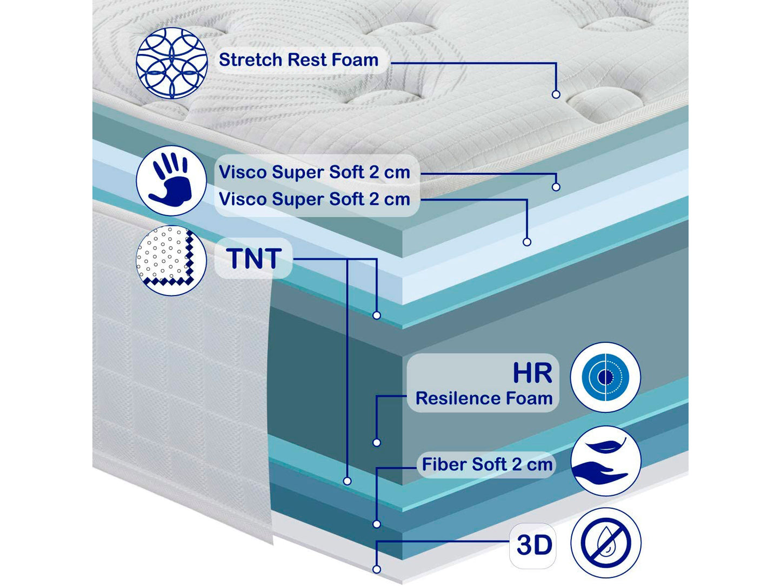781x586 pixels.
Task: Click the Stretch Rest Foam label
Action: click(298, 60)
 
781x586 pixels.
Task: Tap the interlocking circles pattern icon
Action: click(172, 63)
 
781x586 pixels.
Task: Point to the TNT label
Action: click(253, 259)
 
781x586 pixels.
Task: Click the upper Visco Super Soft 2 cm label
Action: click(314, 172)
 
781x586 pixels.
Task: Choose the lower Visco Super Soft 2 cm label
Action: click(314, 199)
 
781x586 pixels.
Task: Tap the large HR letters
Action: click(532, 373)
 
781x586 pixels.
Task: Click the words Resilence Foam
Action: click(484, 398)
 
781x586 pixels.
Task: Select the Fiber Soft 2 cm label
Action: click(487, 464)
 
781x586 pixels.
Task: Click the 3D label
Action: click(534, 545)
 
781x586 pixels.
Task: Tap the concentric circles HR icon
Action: click(605, 377)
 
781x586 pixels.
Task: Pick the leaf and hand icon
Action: click(605, 461)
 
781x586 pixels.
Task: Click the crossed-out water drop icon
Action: click(605, 543)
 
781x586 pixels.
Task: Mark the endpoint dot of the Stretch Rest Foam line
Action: click(556, 94)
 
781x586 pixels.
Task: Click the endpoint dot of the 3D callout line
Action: click(377, 569)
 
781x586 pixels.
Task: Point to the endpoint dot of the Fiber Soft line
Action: click(377, 524)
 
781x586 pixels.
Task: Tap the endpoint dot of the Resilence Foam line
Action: click(377, 442)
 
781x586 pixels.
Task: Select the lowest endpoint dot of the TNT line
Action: click(348, 481)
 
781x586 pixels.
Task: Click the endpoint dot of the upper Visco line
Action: click(556, 187)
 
